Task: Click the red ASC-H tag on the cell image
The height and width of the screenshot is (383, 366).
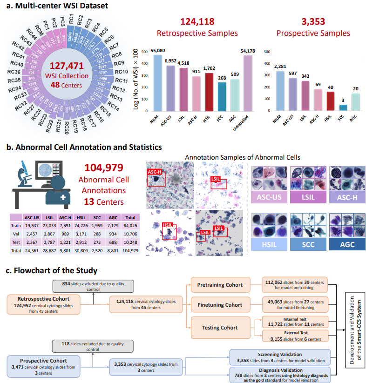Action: [156, 172]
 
